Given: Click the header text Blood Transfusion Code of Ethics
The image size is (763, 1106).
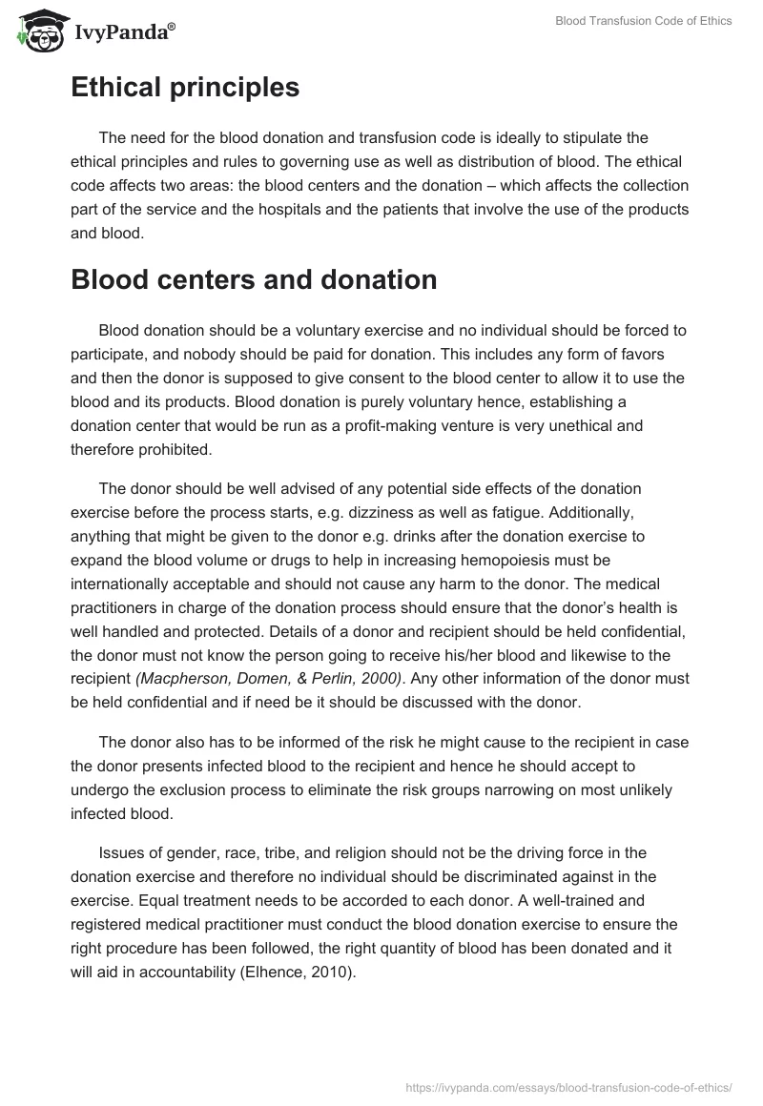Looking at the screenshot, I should pos(644,21).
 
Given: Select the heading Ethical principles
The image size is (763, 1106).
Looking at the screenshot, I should pos(185,88).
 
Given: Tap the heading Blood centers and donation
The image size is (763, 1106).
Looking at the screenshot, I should pos(254,280).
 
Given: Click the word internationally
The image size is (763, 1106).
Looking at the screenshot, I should pos(125,582).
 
